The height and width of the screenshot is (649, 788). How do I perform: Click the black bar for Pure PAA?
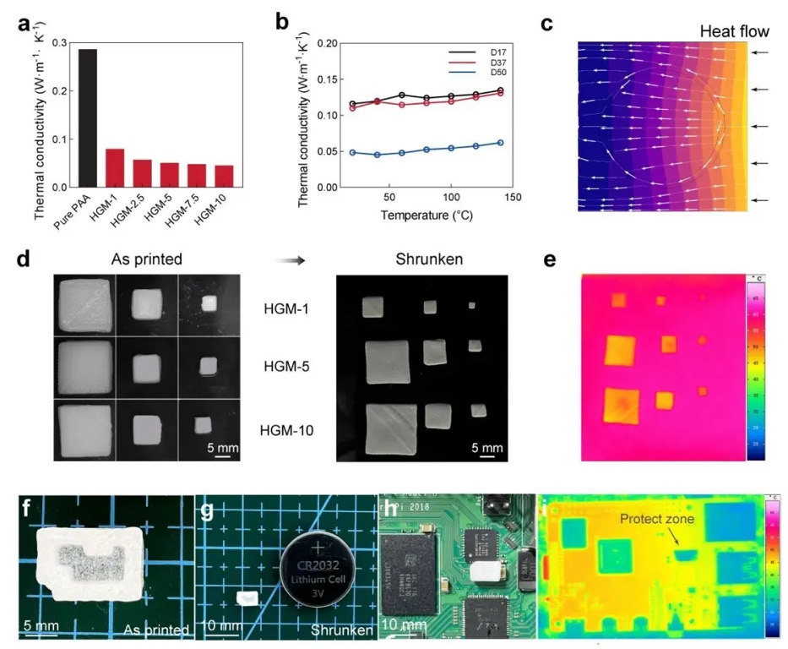88,117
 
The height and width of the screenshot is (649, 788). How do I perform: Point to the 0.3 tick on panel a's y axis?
58,42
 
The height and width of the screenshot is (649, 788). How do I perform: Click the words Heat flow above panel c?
734,31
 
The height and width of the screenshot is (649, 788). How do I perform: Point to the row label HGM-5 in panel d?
285,368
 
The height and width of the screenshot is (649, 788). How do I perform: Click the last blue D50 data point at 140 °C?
500,143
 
